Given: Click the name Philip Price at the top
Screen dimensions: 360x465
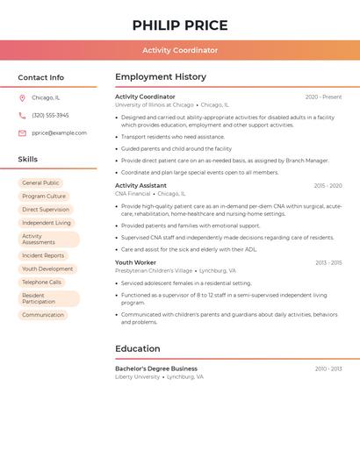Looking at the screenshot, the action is [180, 25].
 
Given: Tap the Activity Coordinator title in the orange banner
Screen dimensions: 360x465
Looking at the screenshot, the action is [180, 50].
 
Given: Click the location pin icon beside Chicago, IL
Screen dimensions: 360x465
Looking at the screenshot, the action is [22, 98].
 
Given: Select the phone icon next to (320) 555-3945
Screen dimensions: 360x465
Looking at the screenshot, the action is [22, 116].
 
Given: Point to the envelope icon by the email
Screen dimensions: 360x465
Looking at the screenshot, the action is [22, 133].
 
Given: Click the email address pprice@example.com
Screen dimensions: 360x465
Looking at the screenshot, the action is [59, 133].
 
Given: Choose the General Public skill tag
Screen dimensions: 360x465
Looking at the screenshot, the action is [40, 183].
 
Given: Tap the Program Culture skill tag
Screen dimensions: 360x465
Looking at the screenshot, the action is [44, 197].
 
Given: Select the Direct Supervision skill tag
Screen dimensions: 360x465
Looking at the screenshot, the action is [46, 210].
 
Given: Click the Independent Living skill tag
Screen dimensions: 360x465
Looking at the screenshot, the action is [47, 223].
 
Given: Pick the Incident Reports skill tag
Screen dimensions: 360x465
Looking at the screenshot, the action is [43, 255].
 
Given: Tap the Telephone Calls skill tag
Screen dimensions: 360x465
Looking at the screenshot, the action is [42, 283].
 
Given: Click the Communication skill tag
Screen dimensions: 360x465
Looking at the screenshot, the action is [43, 315].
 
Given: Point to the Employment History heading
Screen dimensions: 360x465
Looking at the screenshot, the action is [161, 77].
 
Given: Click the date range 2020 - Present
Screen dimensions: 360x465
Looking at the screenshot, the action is [323, 97].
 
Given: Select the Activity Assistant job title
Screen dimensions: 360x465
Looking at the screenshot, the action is [140, 186].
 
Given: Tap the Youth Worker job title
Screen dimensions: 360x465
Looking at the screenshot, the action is [135, 262].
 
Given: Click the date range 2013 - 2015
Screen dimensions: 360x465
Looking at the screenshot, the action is [328, 262].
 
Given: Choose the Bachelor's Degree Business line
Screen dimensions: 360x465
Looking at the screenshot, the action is [156, 368].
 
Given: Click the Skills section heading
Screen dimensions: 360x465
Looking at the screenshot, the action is [28, 160].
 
